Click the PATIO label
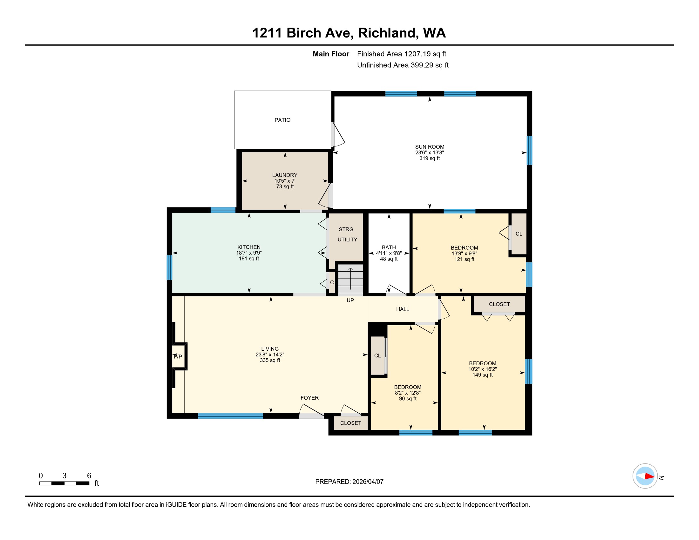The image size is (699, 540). pos(282,120)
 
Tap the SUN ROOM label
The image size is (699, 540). pos(430,147)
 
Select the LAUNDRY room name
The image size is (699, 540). pos(285,175)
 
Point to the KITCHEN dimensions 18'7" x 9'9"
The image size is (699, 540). pos(249,253)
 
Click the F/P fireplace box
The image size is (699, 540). pos(179,356)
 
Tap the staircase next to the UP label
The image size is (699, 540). pos(350,278)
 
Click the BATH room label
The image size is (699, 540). pos(389,247)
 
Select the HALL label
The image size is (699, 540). pos(402,309)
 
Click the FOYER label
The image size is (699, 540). pos(309,398)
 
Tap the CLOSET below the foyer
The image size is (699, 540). pos(350,423)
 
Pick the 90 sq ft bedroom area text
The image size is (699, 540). pos(407,399)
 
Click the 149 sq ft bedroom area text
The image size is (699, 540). pos(482,375)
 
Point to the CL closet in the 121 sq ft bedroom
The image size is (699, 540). pos(519,234)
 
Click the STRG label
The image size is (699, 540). pos(346,229)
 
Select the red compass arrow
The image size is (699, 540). pos(649,476)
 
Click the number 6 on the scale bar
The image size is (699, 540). pos(89,476)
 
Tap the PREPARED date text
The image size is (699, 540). pos(349,482)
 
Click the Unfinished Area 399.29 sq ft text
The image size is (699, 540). pos(403,65)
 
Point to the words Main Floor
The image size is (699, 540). pos(331,54)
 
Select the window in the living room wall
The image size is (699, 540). pos(230,416)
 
